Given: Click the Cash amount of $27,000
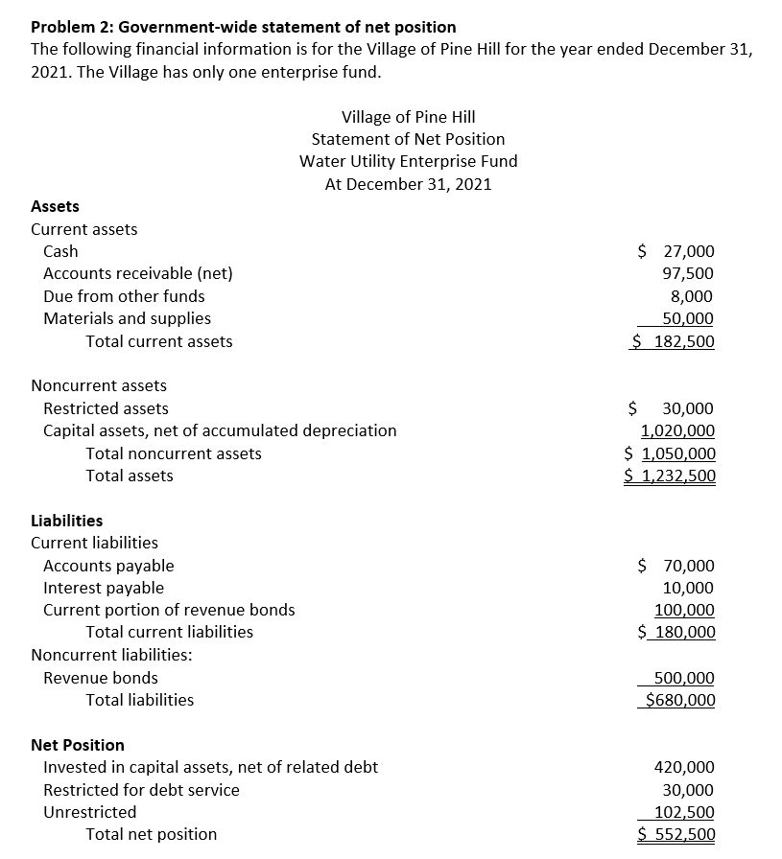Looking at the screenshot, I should [x=676, y=251].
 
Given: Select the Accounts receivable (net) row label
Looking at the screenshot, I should [x=137, y=273].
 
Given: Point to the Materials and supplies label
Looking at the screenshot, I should [x=127, y=318].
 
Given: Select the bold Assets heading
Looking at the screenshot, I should [x=55, y=206].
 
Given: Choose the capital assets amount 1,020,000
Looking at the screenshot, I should [x=677, y=431].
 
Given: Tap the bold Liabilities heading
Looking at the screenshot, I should [x=66, y=521].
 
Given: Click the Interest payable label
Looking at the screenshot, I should [x=104, y=588].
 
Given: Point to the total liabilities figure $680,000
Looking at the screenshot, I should [x=677, y=700].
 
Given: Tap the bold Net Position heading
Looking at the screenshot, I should [x=78, y=745].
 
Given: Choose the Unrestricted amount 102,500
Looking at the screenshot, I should [x=684, y=812].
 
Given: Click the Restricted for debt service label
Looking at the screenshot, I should [x=141, y=790].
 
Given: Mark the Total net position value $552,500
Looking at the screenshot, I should [x=676, y=834].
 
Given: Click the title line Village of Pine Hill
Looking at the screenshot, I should [x=408, y=117].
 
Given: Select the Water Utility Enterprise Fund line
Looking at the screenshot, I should [x=408, y=161].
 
